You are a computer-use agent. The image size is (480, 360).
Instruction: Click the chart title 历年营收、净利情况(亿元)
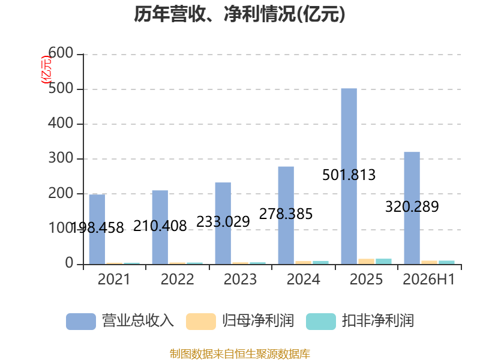239,14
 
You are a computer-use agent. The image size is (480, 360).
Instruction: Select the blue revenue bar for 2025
349,176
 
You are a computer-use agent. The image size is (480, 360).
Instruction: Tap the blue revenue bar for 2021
97,229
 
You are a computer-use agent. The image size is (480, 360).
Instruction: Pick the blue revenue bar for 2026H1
412,208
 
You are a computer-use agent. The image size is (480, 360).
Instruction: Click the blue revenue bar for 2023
223,223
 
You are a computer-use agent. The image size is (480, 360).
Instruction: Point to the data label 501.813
349,175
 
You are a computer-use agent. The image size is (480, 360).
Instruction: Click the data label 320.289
412,206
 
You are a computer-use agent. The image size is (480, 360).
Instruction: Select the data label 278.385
286,214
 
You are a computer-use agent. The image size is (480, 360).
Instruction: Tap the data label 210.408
160,226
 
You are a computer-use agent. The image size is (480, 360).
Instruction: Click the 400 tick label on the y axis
61,124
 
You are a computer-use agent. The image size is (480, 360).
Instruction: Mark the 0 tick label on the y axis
69,263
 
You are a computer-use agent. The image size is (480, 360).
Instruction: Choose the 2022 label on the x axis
177,279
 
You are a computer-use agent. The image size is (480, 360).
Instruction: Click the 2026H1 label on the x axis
429,279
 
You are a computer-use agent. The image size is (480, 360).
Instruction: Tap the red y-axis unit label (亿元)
47,70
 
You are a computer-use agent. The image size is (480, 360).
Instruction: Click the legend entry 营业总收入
120,321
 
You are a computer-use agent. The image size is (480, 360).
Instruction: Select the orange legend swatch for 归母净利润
201,322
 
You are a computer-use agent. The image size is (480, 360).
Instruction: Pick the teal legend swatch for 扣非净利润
321,322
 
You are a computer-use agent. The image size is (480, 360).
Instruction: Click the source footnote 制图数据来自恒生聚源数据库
240,354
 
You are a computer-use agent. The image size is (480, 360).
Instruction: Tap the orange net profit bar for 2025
367,262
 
